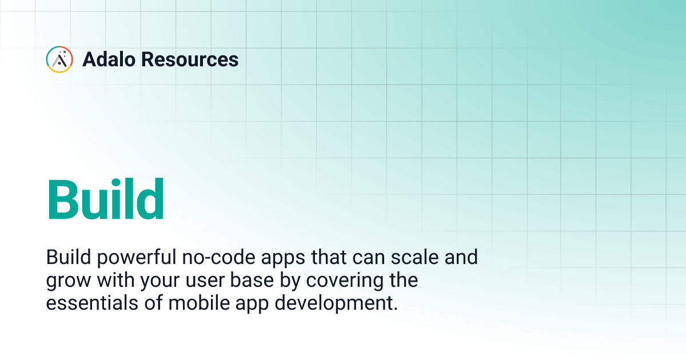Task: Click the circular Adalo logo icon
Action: point(59,59)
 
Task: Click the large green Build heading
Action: point(106,199)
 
